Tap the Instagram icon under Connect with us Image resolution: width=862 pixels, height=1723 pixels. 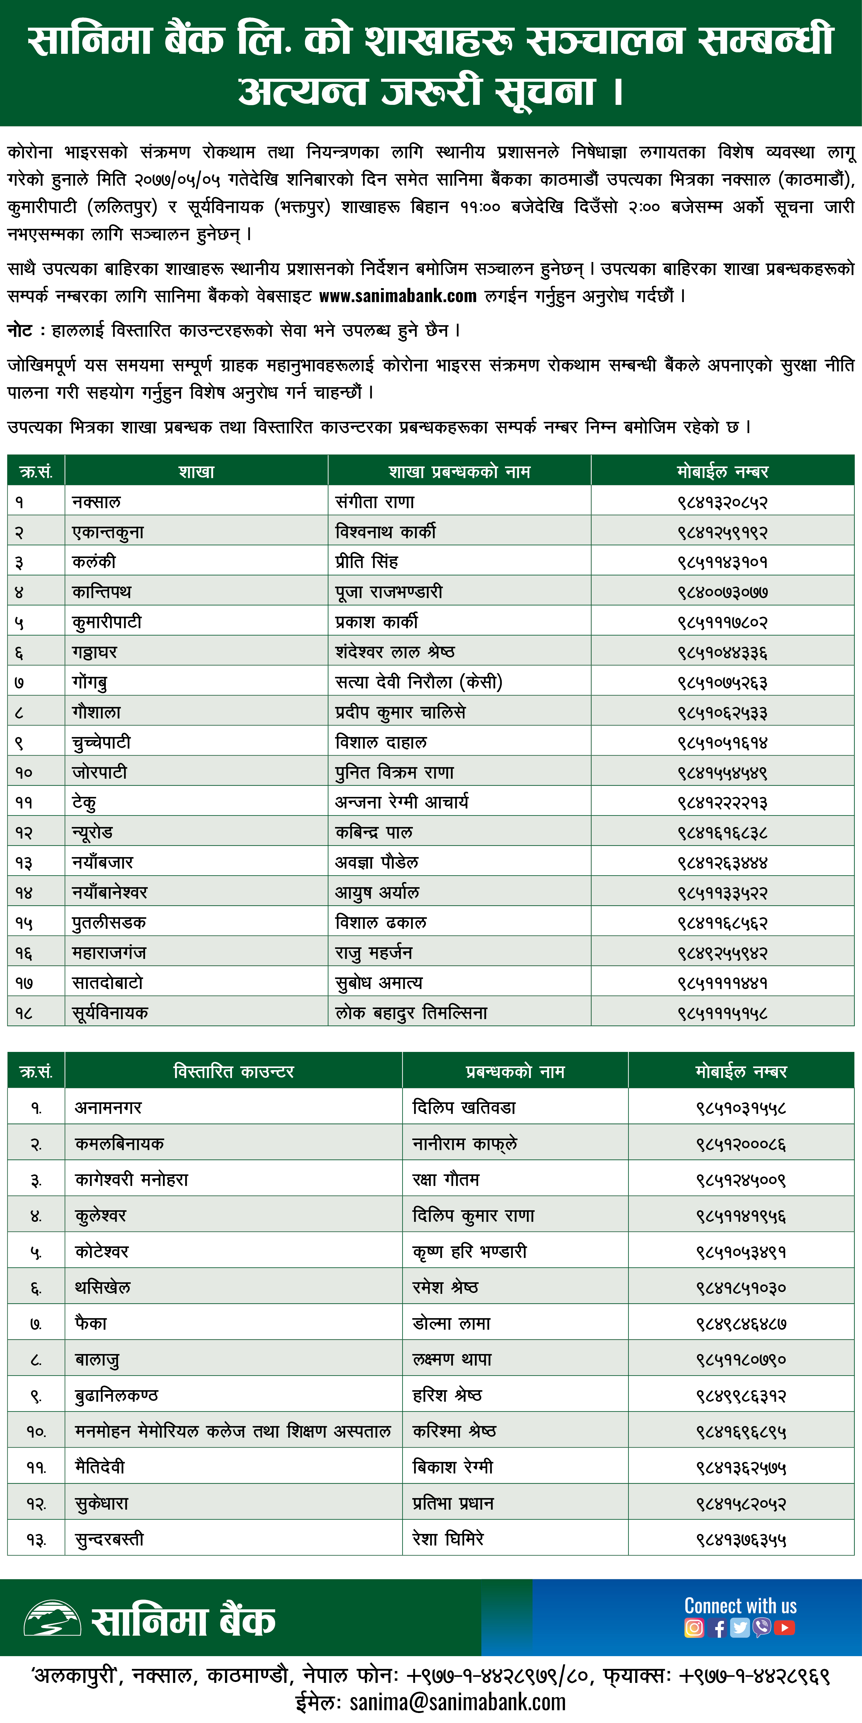694,1627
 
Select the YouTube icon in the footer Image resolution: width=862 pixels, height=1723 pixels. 784,1627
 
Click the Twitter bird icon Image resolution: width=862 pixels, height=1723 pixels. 739,1627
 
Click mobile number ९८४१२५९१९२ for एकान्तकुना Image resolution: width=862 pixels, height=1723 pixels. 722,532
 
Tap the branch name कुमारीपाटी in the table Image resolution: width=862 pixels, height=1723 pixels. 107,622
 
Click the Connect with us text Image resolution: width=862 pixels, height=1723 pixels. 740,1605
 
